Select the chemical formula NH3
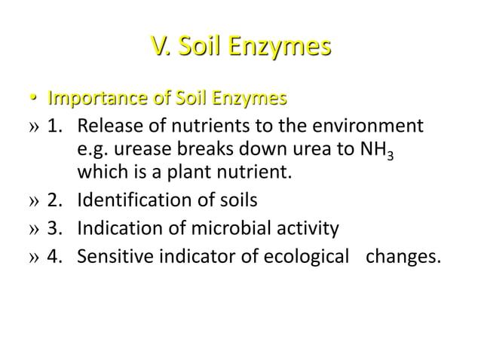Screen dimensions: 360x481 click(379, 151)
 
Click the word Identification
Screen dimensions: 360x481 click(131, 201)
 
